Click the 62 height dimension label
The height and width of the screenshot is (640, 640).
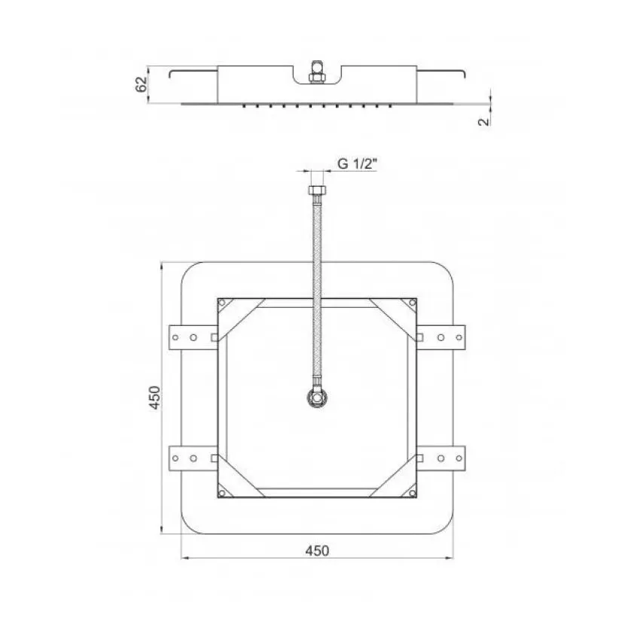[x=141, y=84]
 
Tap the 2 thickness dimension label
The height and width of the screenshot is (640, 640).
[x=483, y=121]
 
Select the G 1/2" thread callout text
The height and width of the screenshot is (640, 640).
[x=357, y=163]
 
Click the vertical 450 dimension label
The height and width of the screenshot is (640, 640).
[x=154, y=397]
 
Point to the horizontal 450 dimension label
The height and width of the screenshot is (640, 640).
[x=317, y=550]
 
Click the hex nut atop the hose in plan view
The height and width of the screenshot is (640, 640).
[x=317, y=190]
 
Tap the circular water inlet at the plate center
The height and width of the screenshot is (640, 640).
[x=317, y=398]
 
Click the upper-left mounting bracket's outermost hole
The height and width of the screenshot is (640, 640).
[x=175, y=337]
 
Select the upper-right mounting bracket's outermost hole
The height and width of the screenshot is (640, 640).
[x=459, y=337]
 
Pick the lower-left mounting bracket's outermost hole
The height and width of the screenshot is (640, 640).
[x=175, y=459]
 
